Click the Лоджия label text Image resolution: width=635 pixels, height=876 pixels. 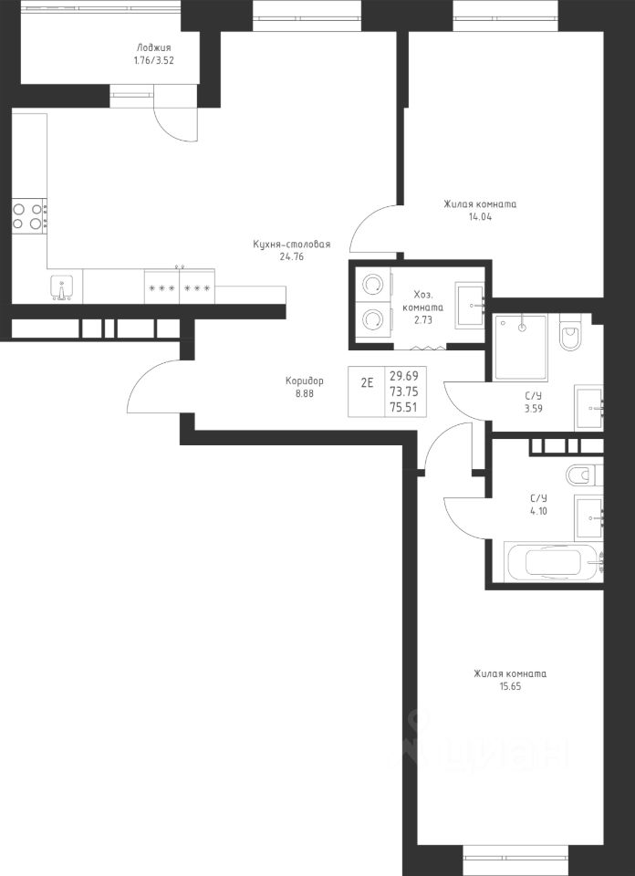pyautogui.click(x=153, y=48)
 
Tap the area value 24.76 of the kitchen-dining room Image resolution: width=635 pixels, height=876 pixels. pyautogui.click(x=292, y=257)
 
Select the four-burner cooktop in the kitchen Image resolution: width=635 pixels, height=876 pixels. pyautogui.click(x=29, y=216)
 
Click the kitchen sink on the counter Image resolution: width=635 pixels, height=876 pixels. pyautogui.click(x=61, y=287)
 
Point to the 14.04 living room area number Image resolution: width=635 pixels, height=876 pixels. pyautogui.click(x=480, y=217)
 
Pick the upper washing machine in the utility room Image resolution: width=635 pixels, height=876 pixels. pyautogui.click(x=372, y=285)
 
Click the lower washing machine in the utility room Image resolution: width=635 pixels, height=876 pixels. pyautogui.click(x=372, y=320)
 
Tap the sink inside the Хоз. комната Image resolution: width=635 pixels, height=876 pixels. pyautogui.click(x=470, y=305)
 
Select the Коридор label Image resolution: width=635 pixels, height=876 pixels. pyautogui.click(x=305, y=381)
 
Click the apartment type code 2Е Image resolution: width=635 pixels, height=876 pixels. pyautogui.click(x=367, y=384)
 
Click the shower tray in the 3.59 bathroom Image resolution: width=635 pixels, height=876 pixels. pyautogui.click(x=521, y=348)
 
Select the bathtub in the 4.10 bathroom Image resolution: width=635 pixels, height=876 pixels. pyautogui.click(x=554, y=563)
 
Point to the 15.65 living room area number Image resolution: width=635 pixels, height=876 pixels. pyautogui.click(x=510, y=686)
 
